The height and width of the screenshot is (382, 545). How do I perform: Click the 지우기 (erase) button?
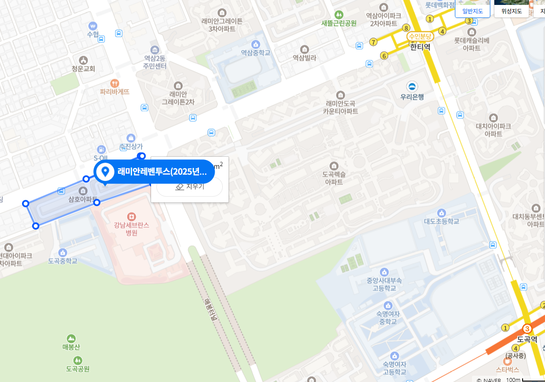pos(190,187)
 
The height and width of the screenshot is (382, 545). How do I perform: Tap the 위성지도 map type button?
pos(511,11)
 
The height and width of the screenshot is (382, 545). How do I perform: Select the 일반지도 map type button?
pos(472,11)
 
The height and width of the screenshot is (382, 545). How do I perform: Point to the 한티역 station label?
pos(420,46)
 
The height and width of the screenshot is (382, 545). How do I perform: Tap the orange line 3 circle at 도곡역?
pos(527,329)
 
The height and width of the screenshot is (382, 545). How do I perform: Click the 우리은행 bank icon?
pos(412,86)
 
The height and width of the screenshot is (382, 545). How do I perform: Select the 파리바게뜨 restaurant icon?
pos(115,83)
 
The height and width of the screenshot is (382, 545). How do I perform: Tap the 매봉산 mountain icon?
pos(71,338)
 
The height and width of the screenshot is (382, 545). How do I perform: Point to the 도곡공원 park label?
pos(78,369)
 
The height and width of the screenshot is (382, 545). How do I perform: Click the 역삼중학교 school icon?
pos(255,44)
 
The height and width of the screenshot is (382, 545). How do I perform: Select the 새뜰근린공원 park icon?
pos(339,14)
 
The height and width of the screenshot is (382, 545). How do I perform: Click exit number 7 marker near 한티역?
pos(373,42)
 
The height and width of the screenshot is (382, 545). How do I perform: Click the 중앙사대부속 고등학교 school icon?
pos(384,272)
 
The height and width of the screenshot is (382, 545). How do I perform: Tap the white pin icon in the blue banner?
pos(106,171)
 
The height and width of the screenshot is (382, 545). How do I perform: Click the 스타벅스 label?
pos(507,369)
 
